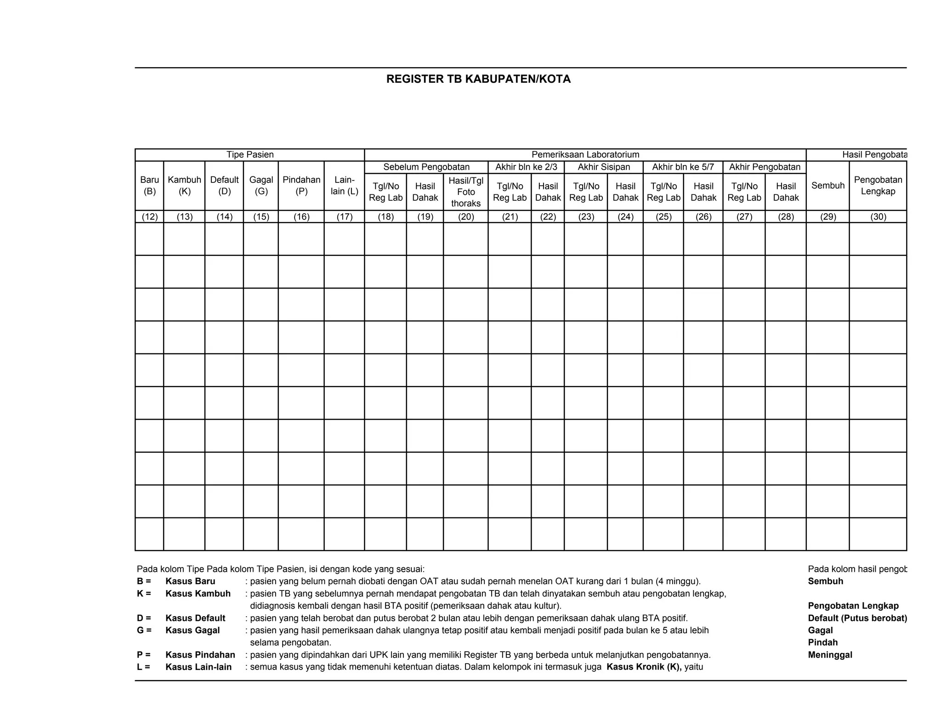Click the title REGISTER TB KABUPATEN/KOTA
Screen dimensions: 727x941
pyautogui.click(x=478, y=79)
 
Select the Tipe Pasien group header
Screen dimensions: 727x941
pyautogui.click(x=250, y=155)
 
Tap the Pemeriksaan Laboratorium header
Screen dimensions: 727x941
pyautogui.click(x=585, y=155)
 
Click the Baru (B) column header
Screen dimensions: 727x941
pyautogui.click(x=149, y=186)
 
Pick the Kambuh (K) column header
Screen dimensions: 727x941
pyautogui.click(x=184, y=186)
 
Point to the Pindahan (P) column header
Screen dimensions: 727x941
pyautogui.click(x=301, y=186)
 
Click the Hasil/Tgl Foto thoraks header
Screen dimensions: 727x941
pyautogui.click(x=465, y=192)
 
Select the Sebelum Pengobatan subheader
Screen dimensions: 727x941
pyautogui.click(x=426, y=167)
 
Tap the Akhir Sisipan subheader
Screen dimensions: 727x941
pyautogui.click(x=603, y=167)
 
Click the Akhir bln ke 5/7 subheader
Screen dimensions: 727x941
pyautogui.click(x=683, y=167)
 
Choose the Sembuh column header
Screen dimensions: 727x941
pyautogui.click(x=828, y=186)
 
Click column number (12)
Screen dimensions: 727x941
pyautogui.click(x=149, y=217)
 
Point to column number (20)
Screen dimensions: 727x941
pyautogui.click(x=465, y=217)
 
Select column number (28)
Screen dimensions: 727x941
pyautogui.click(x=786, y=217)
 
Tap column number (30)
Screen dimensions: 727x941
pyautogui.click(x=878, y=217)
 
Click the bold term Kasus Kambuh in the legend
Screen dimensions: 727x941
pyautogui.click(x=198, y=594)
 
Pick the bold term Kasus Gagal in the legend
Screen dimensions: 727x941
pyautogui.click(x=193, y=630)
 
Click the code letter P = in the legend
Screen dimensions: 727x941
pyautogui.click(x=143, y=655)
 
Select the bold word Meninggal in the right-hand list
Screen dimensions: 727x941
pyautogui.click(x=830, y=655)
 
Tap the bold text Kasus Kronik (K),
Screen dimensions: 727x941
pyautogui.click(x=644, y=667)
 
